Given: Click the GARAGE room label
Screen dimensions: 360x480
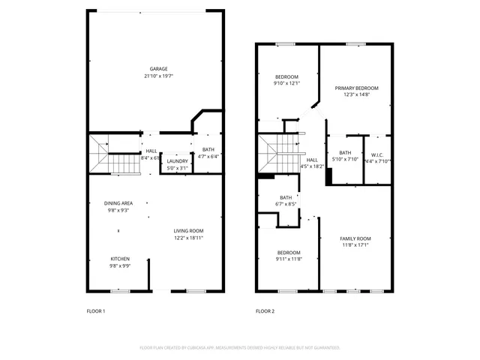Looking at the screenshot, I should (x=157, y=68).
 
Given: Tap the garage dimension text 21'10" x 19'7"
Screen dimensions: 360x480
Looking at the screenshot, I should (x=157, y=76).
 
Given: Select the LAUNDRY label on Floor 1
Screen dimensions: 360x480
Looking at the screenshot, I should (x=178, y=161).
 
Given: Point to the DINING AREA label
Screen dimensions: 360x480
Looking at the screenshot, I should (x=119, y=203).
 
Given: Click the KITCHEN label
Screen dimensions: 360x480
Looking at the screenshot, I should (x=120, y=259).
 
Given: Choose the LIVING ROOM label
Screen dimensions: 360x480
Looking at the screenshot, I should (x=188, y=230).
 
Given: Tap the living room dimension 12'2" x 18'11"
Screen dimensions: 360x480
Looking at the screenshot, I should (x=188, y=238).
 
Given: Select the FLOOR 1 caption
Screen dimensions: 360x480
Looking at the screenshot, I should (x=97, y=310).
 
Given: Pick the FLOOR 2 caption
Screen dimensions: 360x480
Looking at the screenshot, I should (x=265, y=310).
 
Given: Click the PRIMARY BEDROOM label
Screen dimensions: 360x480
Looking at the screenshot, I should (x=357, y=88).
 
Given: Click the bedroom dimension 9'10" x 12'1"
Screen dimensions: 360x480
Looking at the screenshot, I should (x=286, y=83).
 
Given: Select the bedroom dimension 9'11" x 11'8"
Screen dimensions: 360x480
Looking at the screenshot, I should (x=289, y=259).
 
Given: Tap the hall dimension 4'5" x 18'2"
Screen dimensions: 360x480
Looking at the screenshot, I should (x=312, y=166).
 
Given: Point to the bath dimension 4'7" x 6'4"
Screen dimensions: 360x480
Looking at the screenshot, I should (x=208, y=157).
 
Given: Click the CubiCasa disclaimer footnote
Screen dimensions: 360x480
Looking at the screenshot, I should (x=240, y=348).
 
